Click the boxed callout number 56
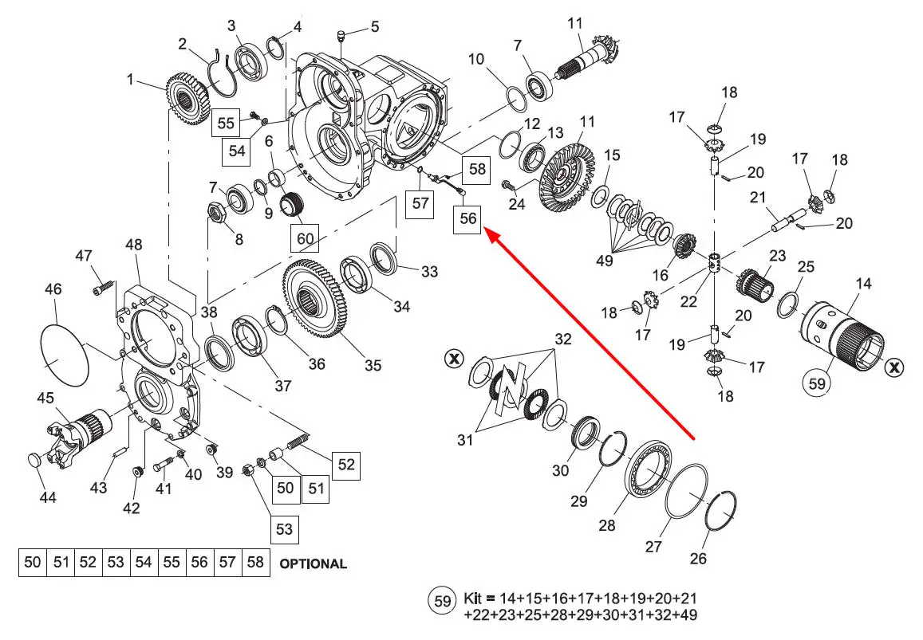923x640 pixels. (x=467, y=219)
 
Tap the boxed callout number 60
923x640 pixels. (x=305, y=238)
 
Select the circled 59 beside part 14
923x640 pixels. (x=817, y=383)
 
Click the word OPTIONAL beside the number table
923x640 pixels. (x=314, y=563)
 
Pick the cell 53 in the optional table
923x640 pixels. (x=116, y=563)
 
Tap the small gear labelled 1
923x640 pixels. (x=187, y=99)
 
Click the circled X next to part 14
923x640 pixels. (x=895, y=367)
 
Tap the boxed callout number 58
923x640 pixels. (x=476, y=170)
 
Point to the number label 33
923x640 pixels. (x=429, y=272)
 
